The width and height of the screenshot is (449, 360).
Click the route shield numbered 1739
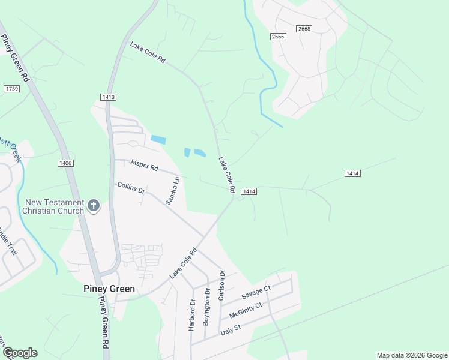(x=11, y=89)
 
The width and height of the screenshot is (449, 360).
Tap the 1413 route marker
(x=108, y=97)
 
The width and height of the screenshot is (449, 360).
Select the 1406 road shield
(x=65, y=163)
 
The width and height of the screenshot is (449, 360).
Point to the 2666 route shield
(x=278, y=37)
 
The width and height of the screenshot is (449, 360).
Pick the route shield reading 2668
(x=304, y=29)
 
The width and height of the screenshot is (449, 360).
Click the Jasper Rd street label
(x=143, y=164)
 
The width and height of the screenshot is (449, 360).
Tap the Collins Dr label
(x=131, y=188)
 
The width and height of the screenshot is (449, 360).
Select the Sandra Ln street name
(x=172, y=191)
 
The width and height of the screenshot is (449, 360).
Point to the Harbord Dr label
(x=193, y=314)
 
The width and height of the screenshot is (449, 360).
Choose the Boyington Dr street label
(x=207, y=308)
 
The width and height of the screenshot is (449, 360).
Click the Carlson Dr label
(x=221, y=286)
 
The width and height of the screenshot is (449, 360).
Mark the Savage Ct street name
(x=257, y=293)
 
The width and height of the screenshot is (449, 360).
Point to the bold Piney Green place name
(x=109, y=289)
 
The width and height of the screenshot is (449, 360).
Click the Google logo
(x=20, y=353)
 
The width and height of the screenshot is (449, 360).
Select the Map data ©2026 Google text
(x=411, y=355)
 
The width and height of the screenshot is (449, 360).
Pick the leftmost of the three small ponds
(x=158, y=139)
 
